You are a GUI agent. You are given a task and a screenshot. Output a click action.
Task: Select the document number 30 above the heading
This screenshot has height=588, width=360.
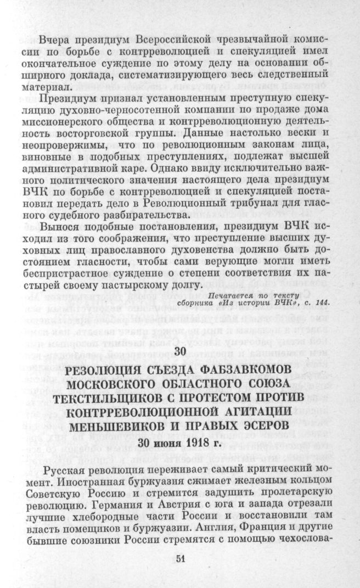(179, 352)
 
